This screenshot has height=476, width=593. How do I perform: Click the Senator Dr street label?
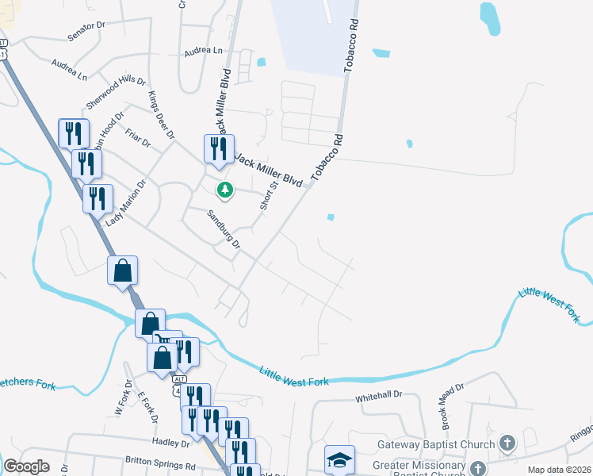tap(86, 31)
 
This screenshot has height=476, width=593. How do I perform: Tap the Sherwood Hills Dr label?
tap(117, 94)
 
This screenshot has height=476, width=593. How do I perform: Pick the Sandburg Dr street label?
tap(223, 229)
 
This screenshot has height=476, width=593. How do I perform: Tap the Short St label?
tap(269, 195)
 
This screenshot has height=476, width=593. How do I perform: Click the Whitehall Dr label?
tap(379, 393)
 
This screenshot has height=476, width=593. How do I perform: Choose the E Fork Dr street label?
tap(147, 407)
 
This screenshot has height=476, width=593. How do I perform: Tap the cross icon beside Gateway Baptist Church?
tap(507, 443)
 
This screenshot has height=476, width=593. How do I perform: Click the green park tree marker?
tap(225, 190)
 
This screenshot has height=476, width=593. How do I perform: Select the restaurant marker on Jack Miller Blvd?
tap(219, 149)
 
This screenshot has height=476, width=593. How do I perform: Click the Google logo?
tap(26, 466)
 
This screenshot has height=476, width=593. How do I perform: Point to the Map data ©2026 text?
tap(558, 470)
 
